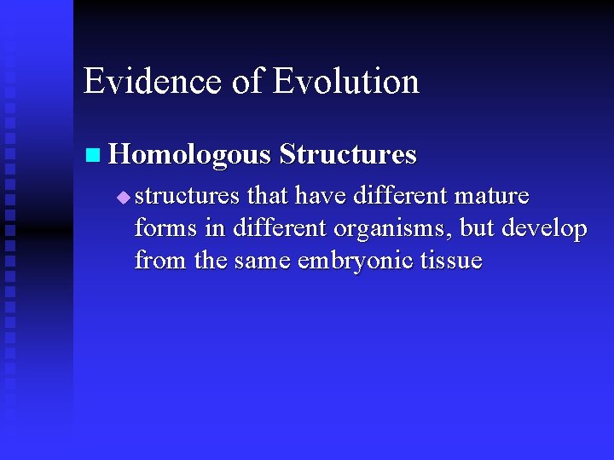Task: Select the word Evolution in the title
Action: pyautogui.click(x=346, y=82)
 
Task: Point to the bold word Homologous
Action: pyautogui.click(x=190, y=155)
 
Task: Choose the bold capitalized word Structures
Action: pyautogui.click(x=348, y=155)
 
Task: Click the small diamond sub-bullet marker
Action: pyautogui.click(x=124, y=198)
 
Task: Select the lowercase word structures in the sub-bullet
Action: pyautogui.click(x=187, y=196)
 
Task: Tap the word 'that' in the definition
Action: pyautogui.click(x=267, y=196)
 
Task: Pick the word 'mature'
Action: pyautogui.click(x=492, y=196)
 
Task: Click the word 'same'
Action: pyautogui.click(x=263, y=261)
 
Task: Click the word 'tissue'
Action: pyautogui.click(x=452, y=261)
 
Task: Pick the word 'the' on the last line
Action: pyautogui.click(x=210, y=261)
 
